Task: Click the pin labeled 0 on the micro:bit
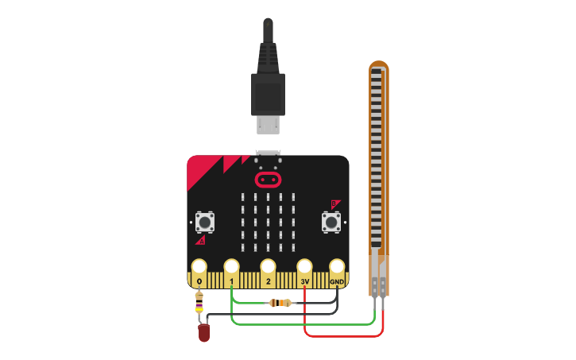point(199,267)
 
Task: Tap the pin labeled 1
point(231,267)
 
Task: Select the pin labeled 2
point(268,267)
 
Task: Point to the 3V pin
point(304,267)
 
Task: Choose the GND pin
point(337,267)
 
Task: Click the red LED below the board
point(204,333)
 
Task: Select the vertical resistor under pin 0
point(199,303)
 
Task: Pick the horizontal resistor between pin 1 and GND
point(280,303)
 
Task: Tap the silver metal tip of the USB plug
point(268,125)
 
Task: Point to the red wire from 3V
point(342,335)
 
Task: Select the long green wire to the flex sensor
point(302,324)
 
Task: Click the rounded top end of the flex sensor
point(379,67)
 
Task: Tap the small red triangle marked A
point(201,239)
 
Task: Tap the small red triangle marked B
point(335,203)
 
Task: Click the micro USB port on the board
point(268,153)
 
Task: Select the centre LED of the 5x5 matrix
point(269,222)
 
